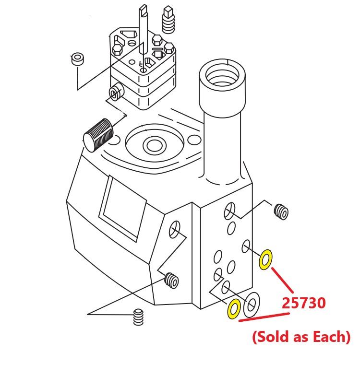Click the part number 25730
pyautogui.click(x=303, y=303)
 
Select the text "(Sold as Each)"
pyautogui.click(x=301, y=337)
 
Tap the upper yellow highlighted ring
pyautogui.click(x=265, y=259)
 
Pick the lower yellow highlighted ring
pyautogui.click(x=234, y=309)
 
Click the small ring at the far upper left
pyautogui.click(x=77, y=59)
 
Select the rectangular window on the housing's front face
pyautogui.click(x=123, y=208)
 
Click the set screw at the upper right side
pyautogui.click(x=281, y=211)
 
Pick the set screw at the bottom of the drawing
pyautogui.click(x=138, y=317)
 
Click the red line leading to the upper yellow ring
pyautogui.click(x=283, y=280)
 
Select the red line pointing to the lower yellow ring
pyautogui.click(x=264, y=317)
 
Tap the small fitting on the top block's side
pyautogui.click(x=116, y=93)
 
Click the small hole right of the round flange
pyautogui.click(x=194, y=141)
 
